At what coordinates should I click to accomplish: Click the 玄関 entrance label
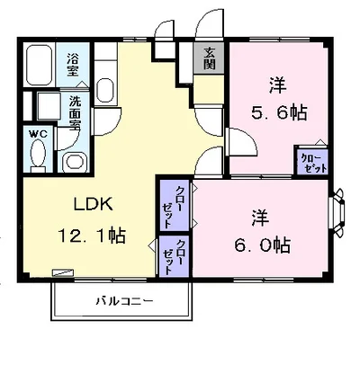click(x=209, y=58)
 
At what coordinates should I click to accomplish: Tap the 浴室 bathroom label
click(x=73, y=65)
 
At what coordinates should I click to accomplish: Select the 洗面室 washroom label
click(x=75, y=113)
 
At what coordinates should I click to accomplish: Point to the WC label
click(x=39, y=134)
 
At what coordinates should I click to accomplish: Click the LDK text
click(x=94, y=204)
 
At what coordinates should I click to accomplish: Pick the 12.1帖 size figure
click(x=92, y=236)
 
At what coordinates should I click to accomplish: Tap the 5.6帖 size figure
click(x=279, y=112)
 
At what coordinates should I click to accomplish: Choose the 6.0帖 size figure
click(x=262, y=245)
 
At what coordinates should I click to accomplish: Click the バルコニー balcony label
click(x=125, y=300)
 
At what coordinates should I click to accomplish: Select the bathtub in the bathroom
click(x=39, y=65)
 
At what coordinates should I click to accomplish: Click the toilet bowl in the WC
click(x=38, y=154)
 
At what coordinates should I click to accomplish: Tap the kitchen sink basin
click(x=105, y=90)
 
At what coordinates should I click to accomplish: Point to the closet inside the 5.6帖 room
click(x=311, y=162)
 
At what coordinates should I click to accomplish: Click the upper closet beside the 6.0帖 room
click(x=174, y=205)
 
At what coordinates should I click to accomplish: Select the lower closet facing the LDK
click(x=174, y=256)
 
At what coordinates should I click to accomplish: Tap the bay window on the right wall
click(x=337, y=213)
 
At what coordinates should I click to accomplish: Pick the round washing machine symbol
click(x=74, y=162)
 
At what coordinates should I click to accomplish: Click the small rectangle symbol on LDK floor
click(x=63, y=272)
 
